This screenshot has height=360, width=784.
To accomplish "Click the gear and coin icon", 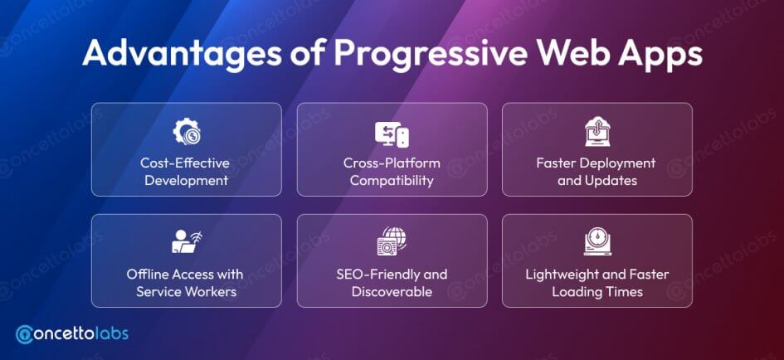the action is pos(187,133).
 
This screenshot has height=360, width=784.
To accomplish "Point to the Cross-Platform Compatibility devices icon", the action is pos(392,134).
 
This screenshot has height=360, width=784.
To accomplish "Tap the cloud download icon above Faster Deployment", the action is pos(597,132).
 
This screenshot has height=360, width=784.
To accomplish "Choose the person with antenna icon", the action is pos(187,241).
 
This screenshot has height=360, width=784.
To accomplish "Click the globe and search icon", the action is pos(392,241).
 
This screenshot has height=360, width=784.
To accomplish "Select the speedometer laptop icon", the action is pos(597,241).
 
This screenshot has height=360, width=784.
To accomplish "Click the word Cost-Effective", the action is pos(185,163).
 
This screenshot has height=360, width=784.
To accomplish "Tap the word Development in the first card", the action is pos(186,180).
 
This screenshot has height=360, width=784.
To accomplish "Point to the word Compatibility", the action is pos(392,180).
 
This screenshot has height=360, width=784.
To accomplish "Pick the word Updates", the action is pos(612,180).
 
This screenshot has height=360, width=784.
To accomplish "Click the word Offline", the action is pos(148,274).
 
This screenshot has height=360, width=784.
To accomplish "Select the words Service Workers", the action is pos(187,291).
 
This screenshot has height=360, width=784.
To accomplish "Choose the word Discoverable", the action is pos(392,291).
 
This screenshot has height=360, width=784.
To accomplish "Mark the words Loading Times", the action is pos(597,291).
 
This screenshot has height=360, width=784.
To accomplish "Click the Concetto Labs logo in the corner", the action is pos(71,334).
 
